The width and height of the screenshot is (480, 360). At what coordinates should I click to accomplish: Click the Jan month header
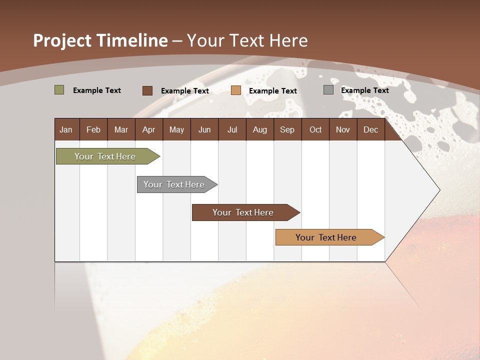tap(66, 129)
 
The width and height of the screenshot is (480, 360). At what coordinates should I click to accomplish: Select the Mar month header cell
tap(121, 129)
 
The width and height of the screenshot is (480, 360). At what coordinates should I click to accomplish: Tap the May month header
tap(176, 129)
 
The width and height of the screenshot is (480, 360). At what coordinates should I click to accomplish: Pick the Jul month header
tap(232, 129)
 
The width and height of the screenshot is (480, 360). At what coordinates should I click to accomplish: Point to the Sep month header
tap(287, 129)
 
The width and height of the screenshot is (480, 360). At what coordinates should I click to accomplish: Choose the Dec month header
tap(370, 129)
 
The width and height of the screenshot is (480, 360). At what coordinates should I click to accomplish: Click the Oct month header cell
tap(315, 129)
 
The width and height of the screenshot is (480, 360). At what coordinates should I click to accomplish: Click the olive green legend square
tap(59, 90)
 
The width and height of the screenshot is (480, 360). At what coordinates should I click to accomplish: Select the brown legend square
tap(147, 90)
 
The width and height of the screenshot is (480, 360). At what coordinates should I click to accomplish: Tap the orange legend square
tap(236, 90)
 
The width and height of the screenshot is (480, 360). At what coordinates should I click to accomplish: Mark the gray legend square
tap(328, 90)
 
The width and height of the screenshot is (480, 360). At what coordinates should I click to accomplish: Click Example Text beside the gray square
tap(364, 90)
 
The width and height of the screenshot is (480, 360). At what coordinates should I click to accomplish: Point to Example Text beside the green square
tap(97, 90)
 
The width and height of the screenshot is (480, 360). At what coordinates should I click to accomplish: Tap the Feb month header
tap(93, 129)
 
